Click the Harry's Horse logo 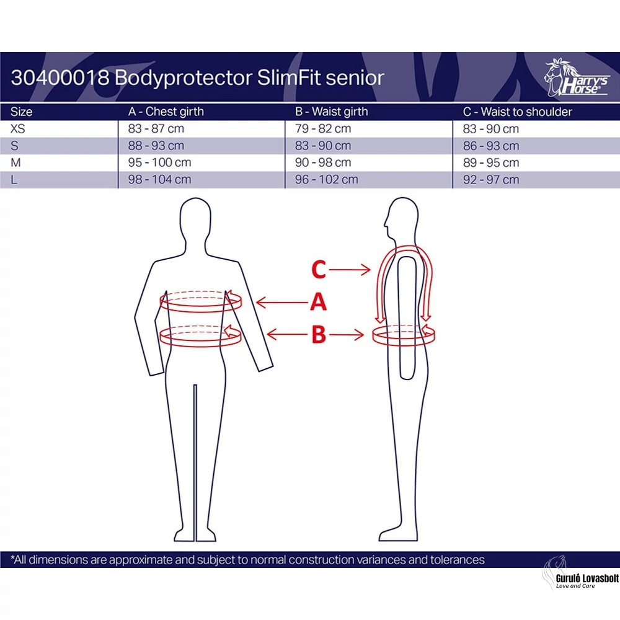[x=576, y=78]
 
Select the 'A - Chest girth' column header [x=166, y=112]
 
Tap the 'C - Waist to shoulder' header [x=517, y=112]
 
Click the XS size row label [x=17, y=129]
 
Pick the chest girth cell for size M [x=159, y=162]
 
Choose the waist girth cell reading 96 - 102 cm [x=326, y=180]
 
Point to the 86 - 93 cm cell [x=490, y=146]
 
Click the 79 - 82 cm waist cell [x=322, y=129]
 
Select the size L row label [x=14, y=180]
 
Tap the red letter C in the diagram [x=319, y=270]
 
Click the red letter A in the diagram [x=318, y=302]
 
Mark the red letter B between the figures [x=319, y=335]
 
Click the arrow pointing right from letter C [x=350, y=270]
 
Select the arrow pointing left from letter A [x=282, y=303]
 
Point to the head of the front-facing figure [x=195, y=218]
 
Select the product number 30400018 [x=60, y=77]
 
